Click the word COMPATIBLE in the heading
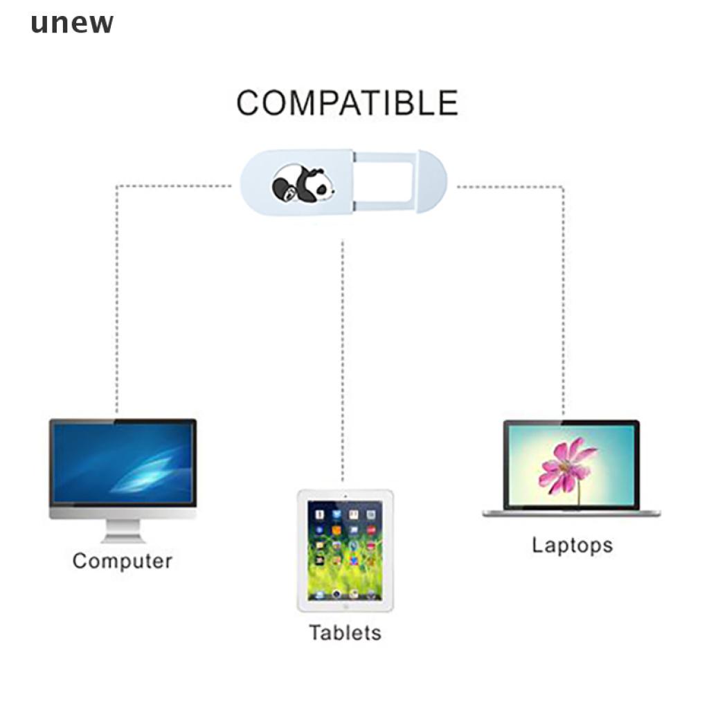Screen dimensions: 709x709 (x=347, y=103)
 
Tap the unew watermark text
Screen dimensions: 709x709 (x=72, y=23)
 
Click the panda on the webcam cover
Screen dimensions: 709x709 (x=302, y=183)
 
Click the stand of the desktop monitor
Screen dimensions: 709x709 (x=123, y=531)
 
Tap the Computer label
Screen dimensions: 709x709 (x=122, y=561)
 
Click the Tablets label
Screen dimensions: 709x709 (x=345, y=633)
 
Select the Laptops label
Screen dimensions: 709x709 (x=572, y=545)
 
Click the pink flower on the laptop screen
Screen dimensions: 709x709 (x=566, y=464)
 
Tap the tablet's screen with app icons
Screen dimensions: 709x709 (x=345, y=550)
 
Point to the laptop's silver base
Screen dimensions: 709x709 (x=571, y=513)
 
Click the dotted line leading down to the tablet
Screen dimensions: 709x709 (x=342, y=360)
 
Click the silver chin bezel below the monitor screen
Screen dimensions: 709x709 (x=123, y=514)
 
